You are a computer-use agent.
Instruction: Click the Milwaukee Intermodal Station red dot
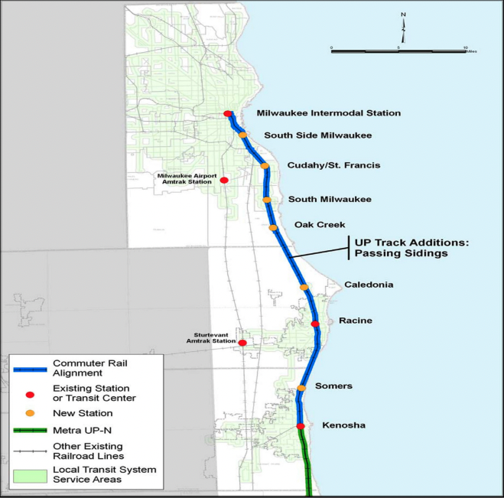pos(227,114)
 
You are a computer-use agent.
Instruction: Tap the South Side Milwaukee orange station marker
pos(243,135)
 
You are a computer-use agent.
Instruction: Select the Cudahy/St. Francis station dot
pos(265,166)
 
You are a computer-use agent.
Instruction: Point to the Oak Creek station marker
pos(273,227)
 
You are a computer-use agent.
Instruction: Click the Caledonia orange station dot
pos(304,287)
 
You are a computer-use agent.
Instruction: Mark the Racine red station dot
pos(315,324)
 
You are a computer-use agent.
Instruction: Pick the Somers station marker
pos(301,388)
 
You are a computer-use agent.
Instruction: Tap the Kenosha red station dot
pos(301,426)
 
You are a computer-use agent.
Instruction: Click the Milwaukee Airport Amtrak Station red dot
pos(224,181)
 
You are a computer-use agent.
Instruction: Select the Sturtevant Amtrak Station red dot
pos(242,343)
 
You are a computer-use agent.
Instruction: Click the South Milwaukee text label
pos(329,200)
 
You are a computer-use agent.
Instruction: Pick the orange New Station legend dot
pos(30,413)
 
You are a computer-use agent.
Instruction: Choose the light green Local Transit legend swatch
pos(30,474)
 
